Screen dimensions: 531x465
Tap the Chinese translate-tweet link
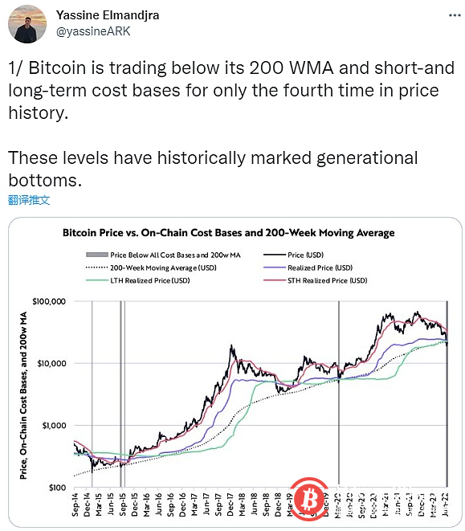click(29, 198)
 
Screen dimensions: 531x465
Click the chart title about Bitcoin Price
click(229, 233)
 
